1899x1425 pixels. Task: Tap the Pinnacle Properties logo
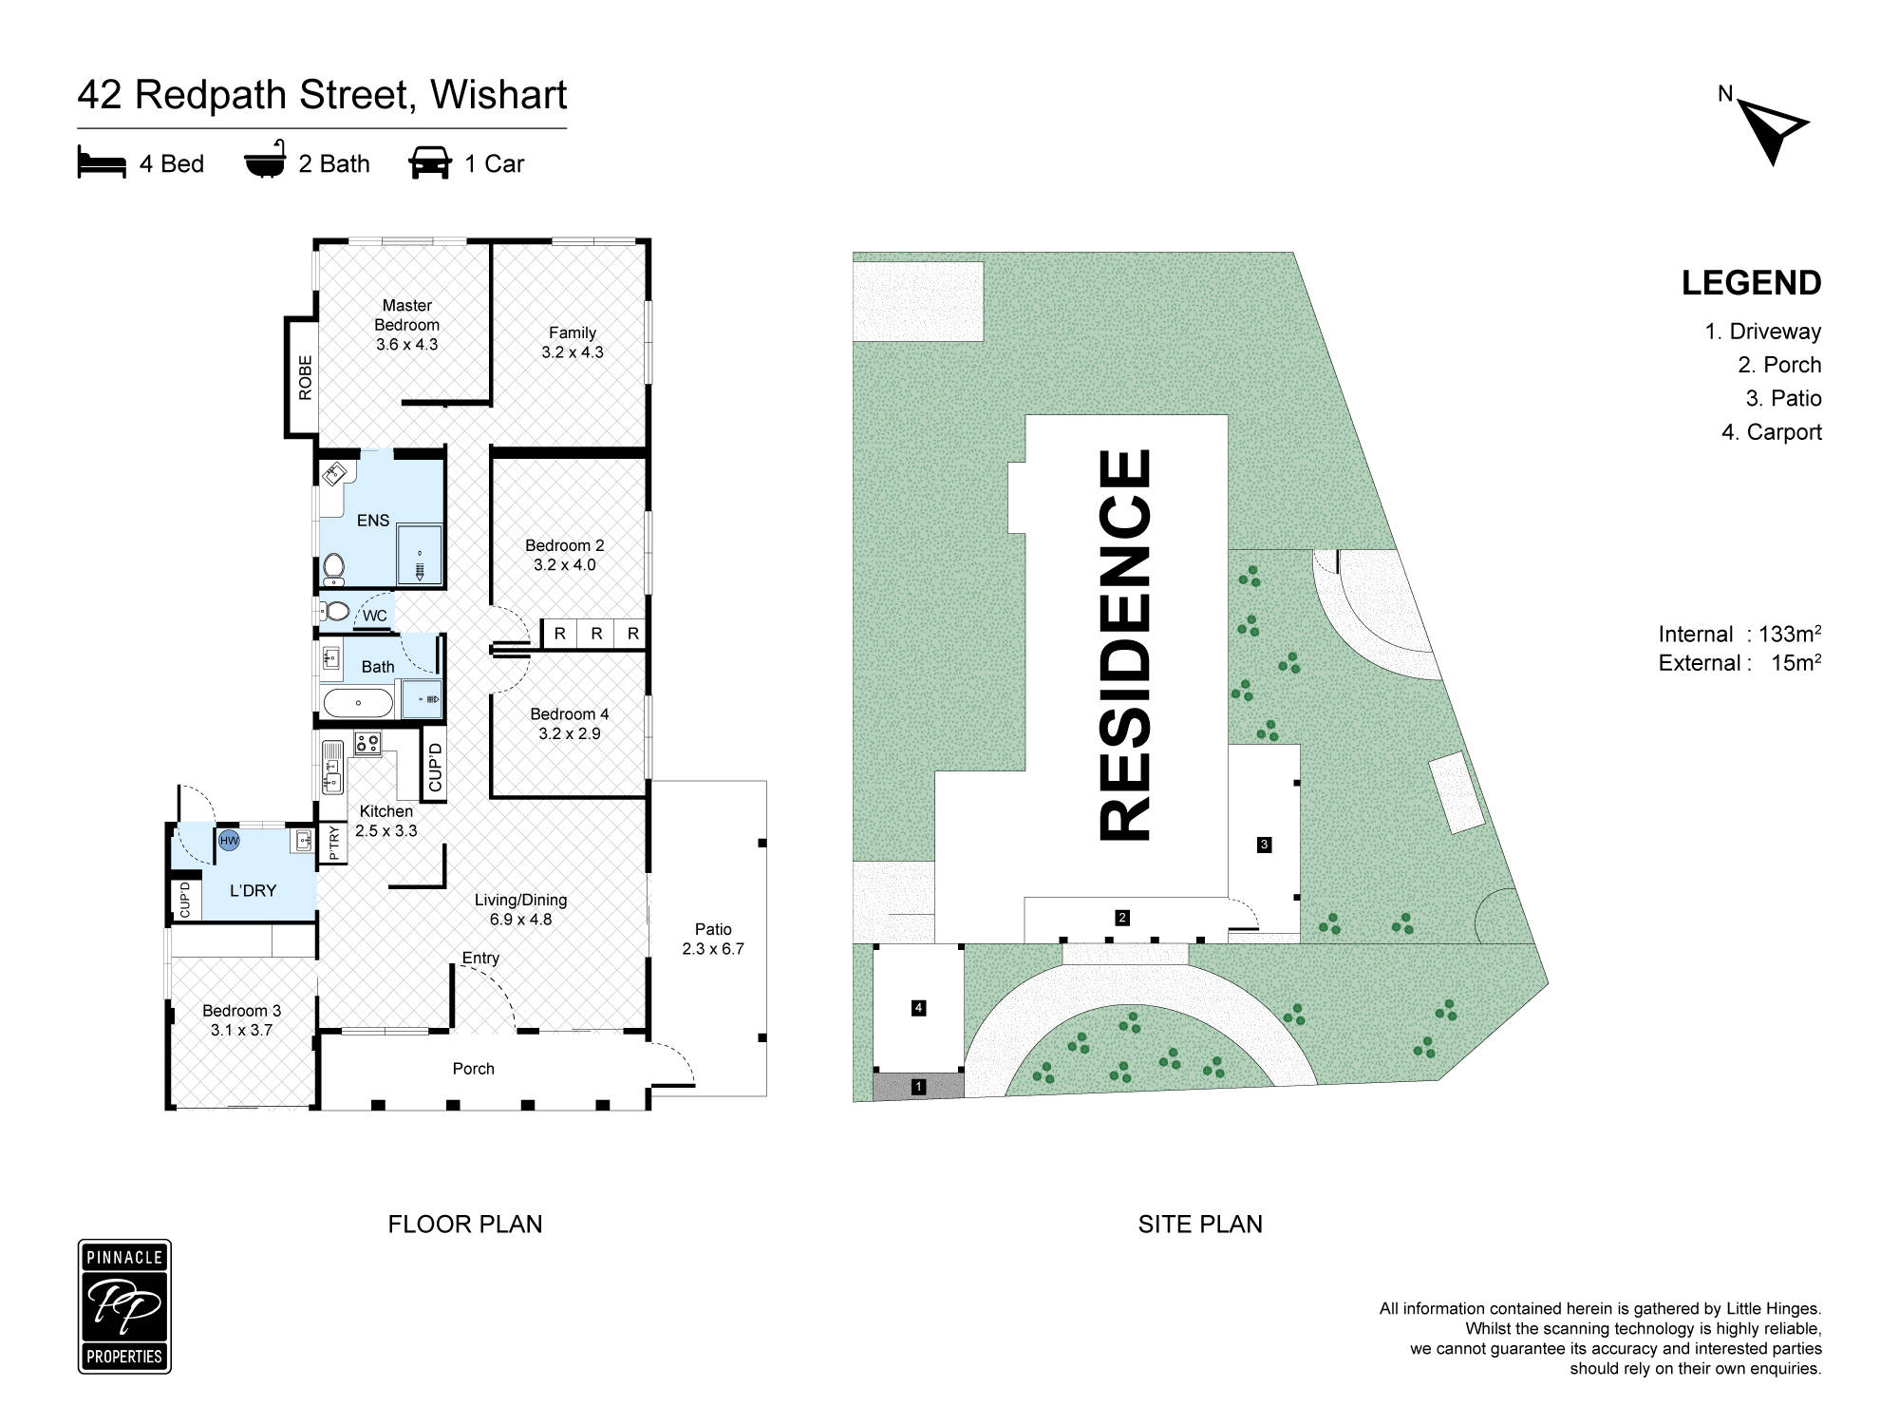pyautogui.click(x=124, y=1306)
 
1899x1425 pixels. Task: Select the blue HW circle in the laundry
pyautogui.click(x=229, y=841)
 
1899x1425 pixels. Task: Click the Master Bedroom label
pyautogui.click(x=406, y=315)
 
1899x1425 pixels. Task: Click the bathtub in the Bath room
pyautogui.click(x=358, y=703)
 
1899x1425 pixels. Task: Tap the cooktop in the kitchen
pyautogui.click(x=367, y=743)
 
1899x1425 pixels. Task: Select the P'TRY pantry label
pyautogui.click(x=333, y=844)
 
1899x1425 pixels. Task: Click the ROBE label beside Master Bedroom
pyautogui.click(x=305, y=377)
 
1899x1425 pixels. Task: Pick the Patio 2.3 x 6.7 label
pyautogui.click(x=713, y=939)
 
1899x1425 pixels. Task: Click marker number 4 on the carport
pyautogui.click(x=918, y=1008)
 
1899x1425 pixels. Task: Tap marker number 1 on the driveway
pyautogui.click(x=918, y=1086)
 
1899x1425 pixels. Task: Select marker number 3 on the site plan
pyautogui.click(x=1264, y=844)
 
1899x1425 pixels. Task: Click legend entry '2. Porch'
pyautogui.click(x=1779, y=365)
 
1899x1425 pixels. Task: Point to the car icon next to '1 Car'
pyautogui.click(x=430, y=163)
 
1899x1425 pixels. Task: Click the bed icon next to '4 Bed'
pyautogui.click(x=102, y=163)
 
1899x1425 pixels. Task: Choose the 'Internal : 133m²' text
pyautogui.click(x=1739, y=634)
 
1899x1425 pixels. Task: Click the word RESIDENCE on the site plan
pyautogui.click(x=1126, y=645)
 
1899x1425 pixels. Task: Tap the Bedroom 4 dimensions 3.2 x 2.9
pyautogui.click(x=570, y=733)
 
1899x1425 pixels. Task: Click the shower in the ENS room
pyautogui.click(x=419, y=554)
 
